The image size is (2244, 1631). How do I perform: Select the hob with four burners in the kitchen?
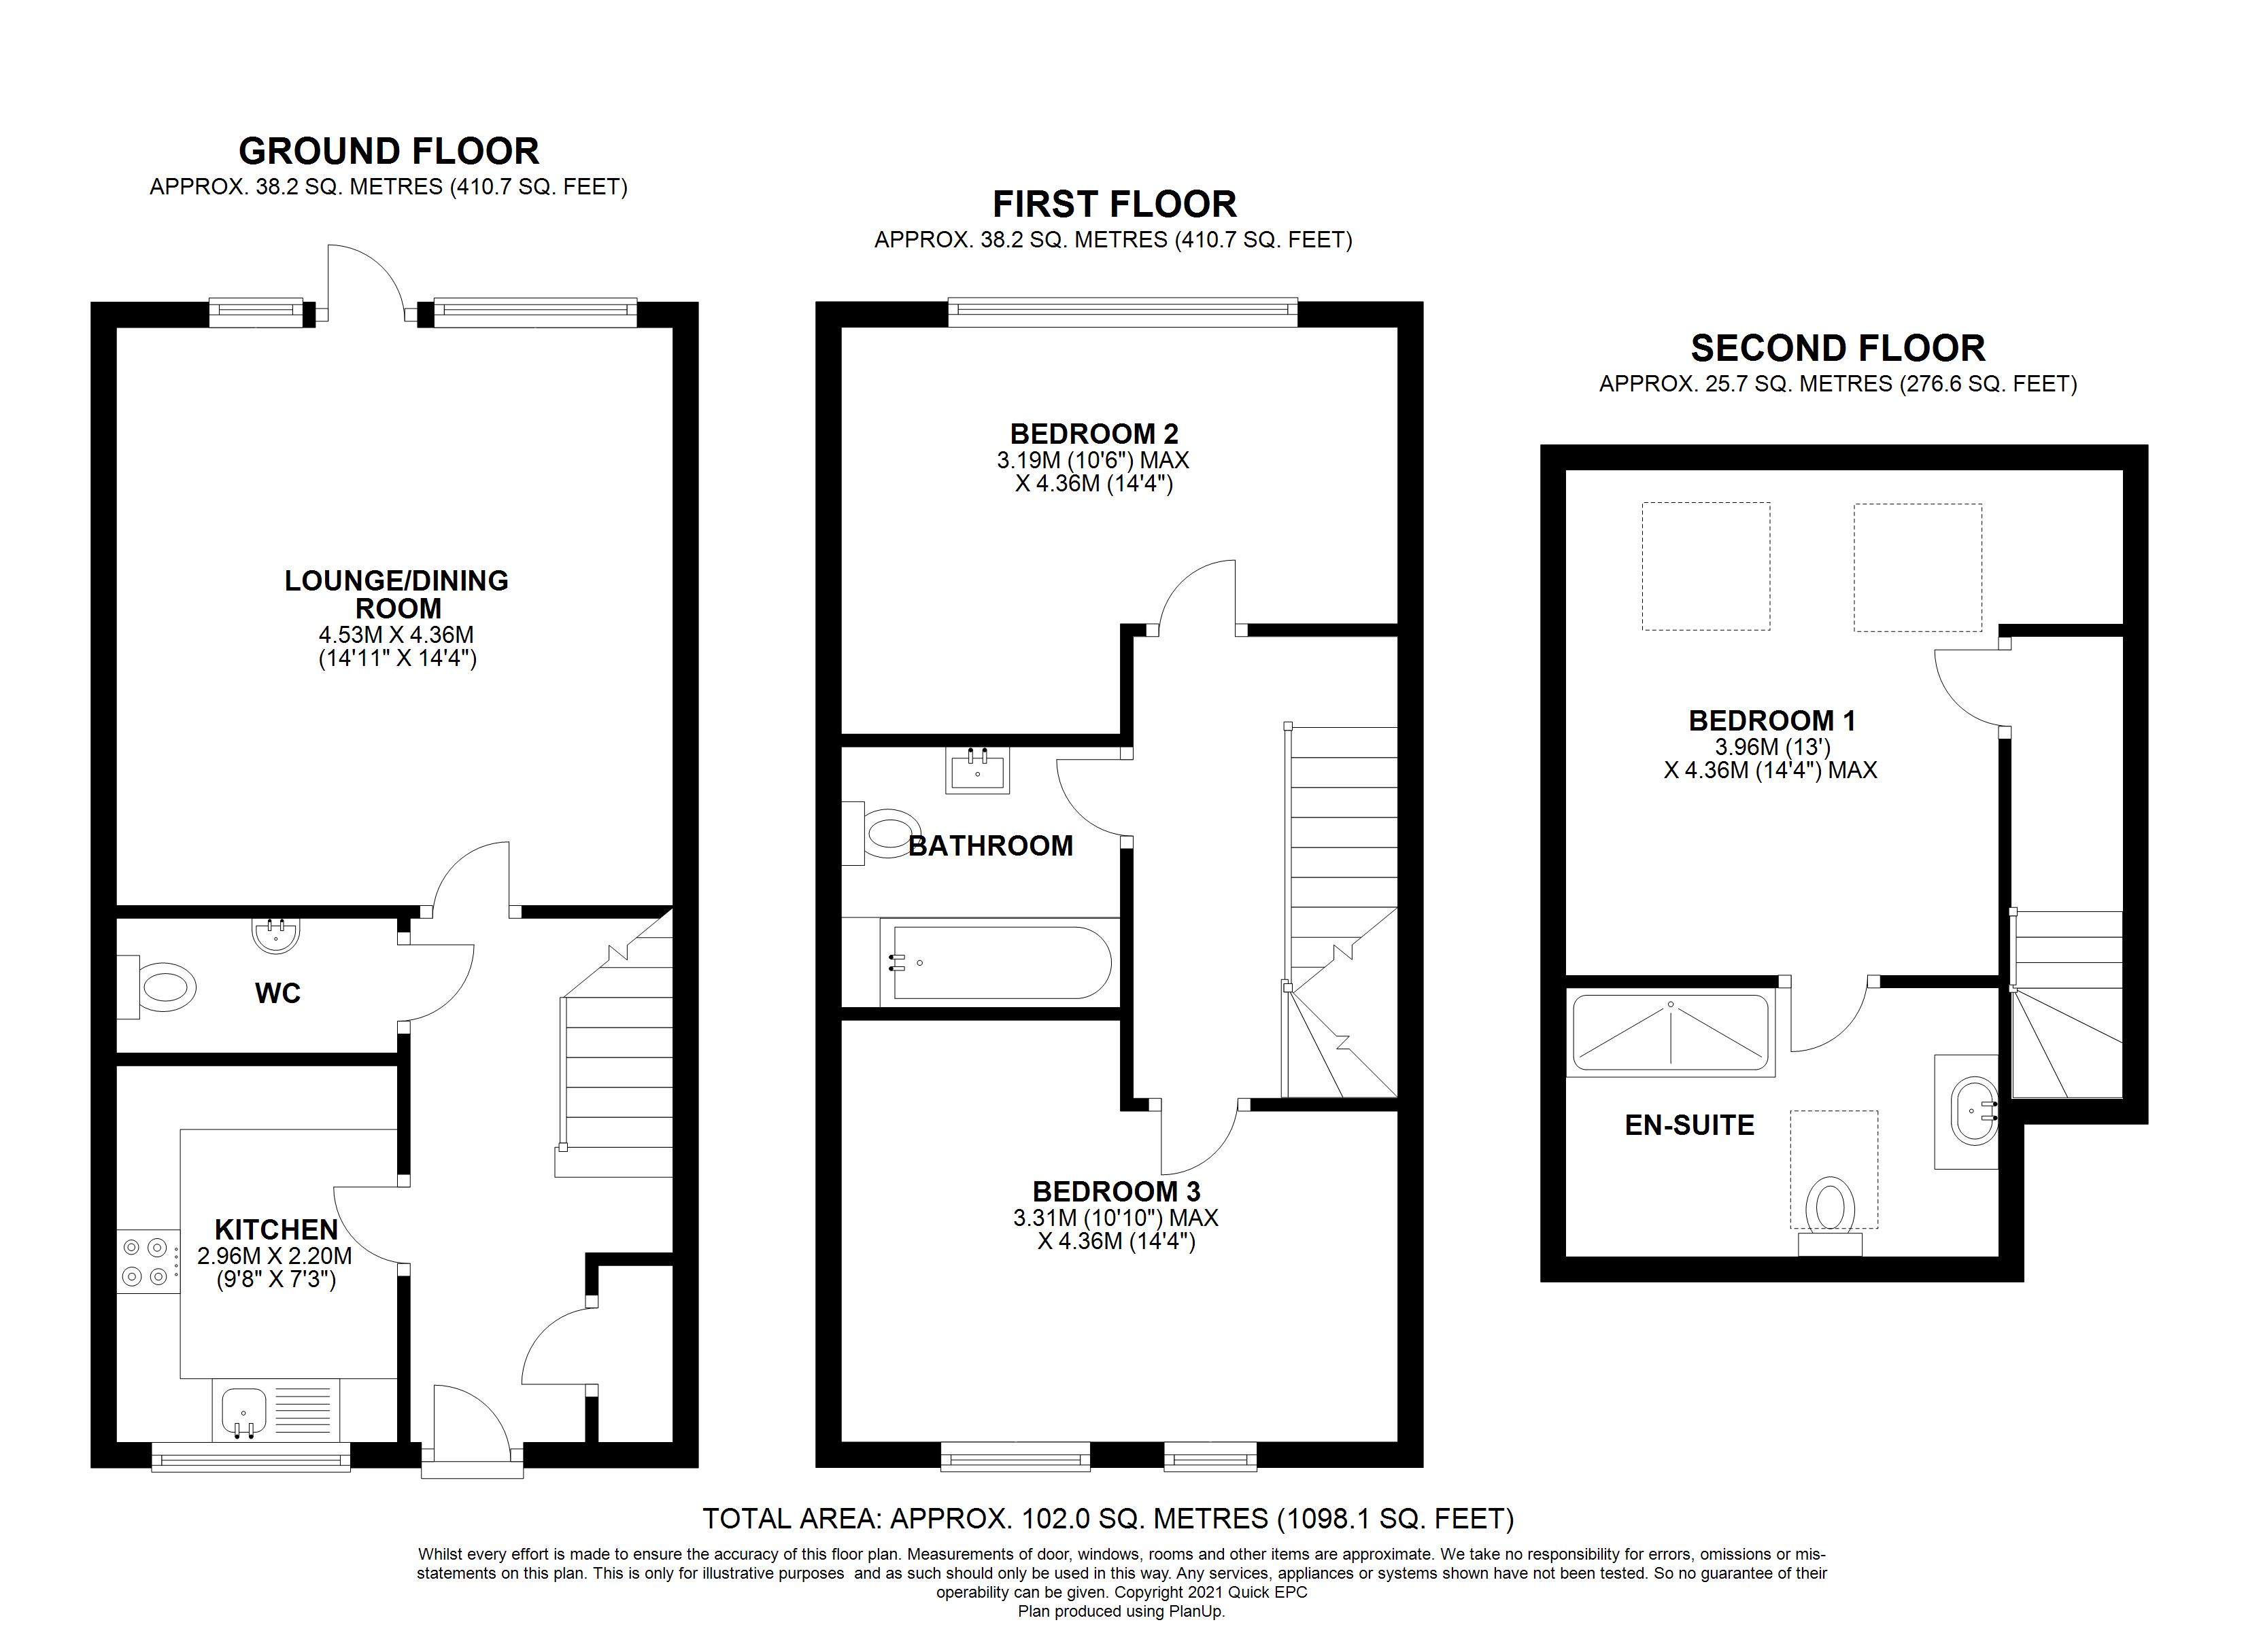point(148,1262)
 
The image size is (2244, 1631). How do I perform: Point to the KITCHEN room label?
point(276,1229)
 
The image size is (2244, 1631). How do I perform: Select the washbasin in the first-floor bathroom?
point(979,769)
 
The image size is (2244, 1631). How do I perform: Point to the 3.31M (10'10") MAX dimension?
point(1115,1218)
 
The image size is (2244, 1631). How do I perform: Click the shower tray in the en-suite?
point(1670,1034)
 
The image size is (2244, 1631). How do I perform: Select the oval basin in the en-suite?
point(1972,1110)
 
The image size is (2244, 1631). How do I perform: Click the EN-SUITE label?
point(1689,1125)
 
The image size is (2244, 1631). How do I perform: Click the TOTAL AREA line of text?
point(1108,1518)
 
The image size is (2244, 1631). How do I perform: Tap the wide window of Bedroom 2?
point(1122,313)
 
